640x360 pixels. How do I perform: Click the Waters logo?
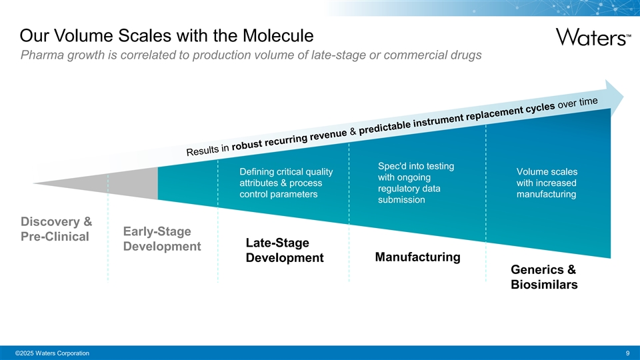[x=591, y=36]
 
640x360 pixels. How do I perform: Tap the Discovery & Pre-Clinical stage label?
[x=56, y=229]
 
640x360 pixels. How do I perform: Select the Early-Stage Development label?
[x=161, y=239]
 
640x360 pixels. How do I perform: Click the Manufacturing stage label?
[x=417, y=257]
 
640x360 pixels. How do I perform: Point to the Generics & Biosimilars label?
[x=543, y=277]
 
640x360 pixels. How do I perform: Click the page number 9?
[x=628, y=353]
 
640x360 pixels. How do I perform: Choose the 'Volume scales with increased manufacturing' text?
[x=546, y=183]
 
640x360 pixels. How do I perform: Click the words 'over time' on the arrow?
[x=578, y=103]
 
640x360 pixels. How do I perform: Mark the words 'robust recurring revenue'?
[x=289, y=140]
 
